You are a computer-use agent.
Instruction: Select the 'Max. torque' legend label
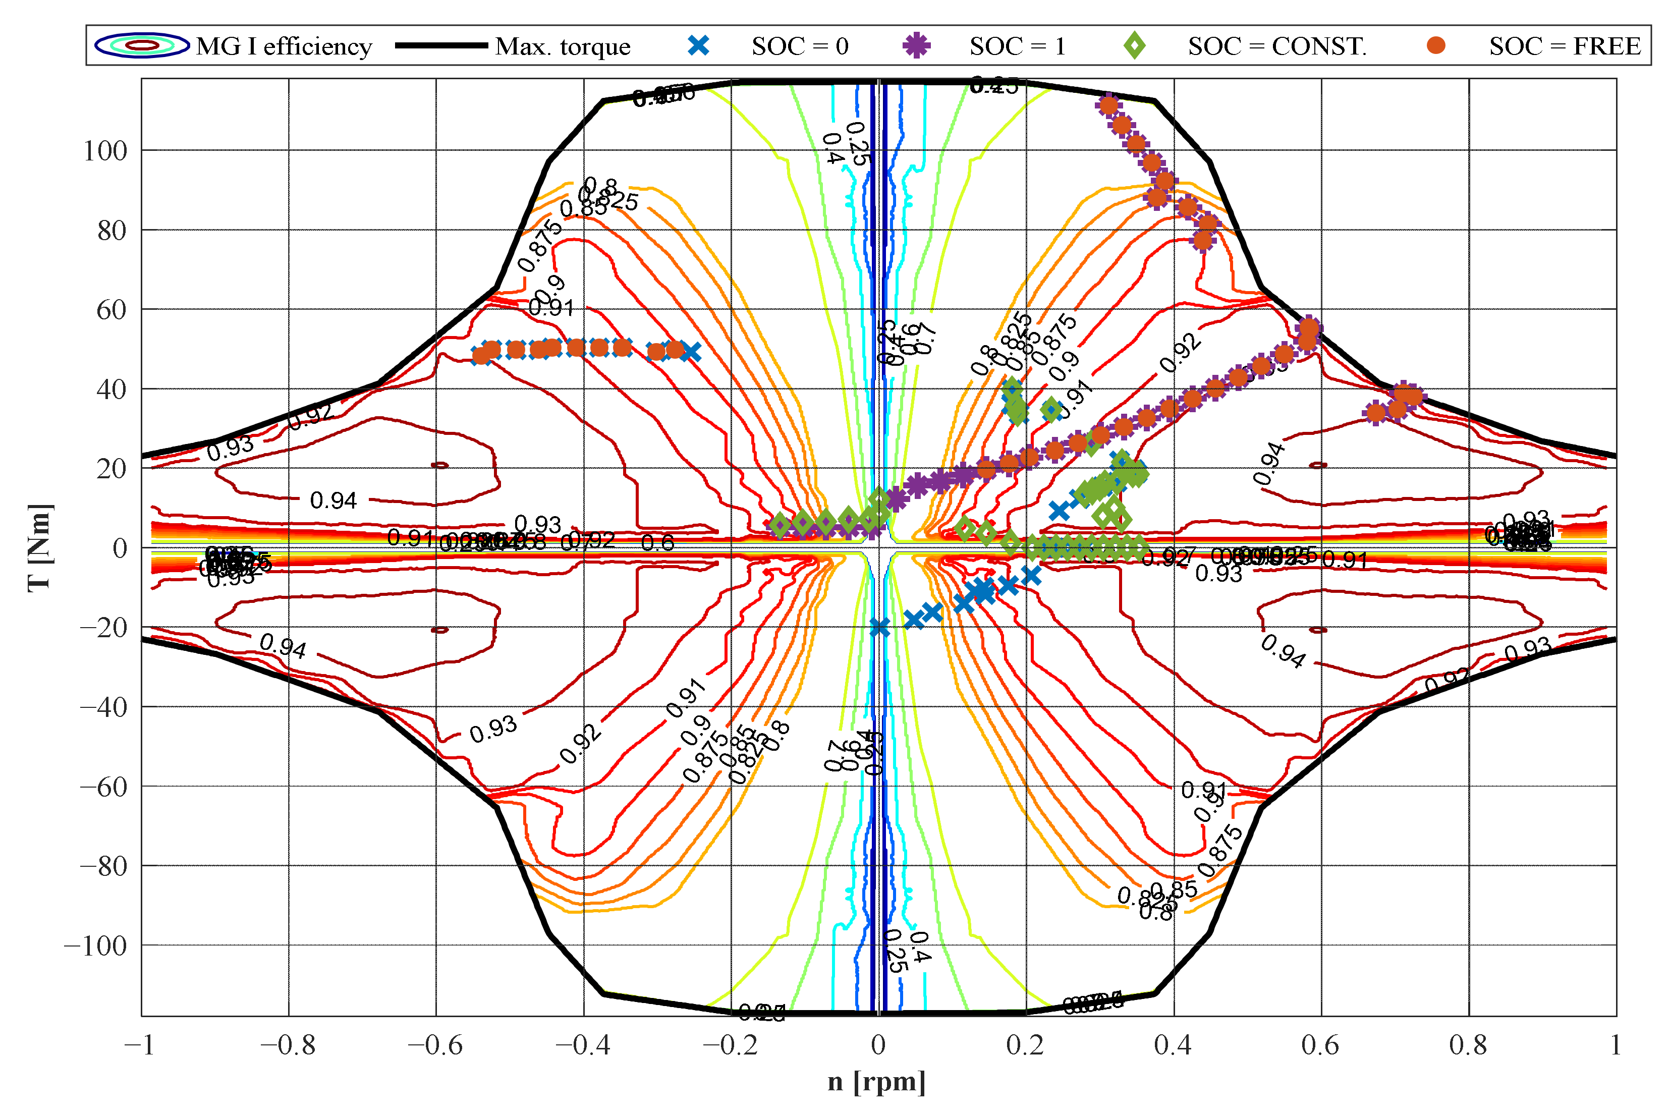tap(563, 46)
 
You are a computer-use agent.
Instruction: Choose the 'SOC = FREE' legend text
tap(1565, 46)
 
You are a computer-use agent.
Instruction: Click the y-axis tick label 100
tap(105, 151)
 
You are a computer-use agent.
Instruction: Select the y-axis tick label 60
tap(112, 310)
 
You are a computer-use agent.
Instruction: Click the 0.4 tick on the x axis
tap(1173, 1045)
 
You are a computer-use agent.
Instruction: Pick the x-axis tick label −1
tap(139, 1045)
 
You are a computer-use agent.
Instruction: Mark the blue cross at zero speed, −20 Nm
tap(879, 627)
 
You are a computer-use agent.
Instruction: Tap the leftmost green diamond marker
tap(780, 526)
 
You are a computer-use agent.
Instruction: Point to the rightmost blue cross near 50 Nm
tap(690, 352)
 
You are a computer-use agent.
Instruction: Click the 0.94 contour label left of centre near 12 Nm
tap(333, 500)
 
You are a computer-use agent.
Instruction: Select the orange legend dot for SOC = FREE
tap(1436, 45)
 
